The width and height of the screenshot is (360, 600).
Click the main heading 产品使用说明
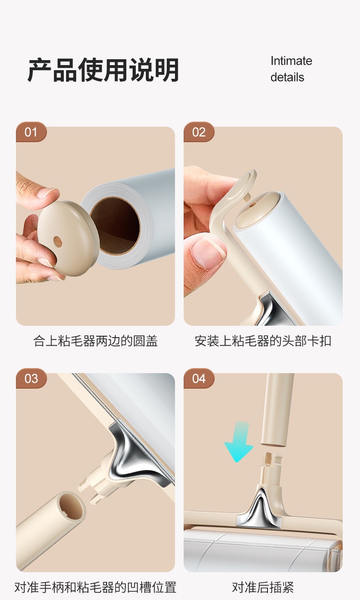(x=103, y=70)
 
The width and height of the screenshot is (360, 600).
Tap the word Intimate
(x=291, y=61)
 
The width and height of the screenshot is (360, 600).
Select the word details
(x=287, y=77)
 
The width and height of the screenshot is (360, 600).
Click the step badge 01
(x=31, y=132)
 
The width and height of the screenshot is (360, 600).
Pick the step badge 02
(x=199, y=132)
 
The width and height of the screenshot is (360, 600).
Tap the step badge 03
(x=31, y=379)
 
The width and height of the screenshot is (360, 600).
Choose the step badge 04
(x=199, y=379)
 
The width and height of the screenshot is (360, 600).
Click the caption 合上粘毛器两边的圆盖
(x=95, y=341)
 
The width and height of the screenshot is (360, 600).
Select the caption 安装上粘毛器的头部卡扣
(x=263, y=341)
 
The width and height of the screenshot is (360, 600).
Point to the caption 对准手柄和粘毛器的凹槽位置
(x=95, y=587)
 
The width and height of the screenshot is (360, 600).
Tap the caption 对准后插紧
(x=263, y=587)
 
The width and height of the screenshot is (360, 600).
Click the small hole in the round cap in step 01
(x=57, y=242)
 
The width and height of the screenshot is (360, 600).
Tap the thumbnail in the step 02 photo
(x=208, y=253)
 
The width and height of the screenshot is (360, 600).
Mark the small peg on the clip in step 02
(x=248, y=196)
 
